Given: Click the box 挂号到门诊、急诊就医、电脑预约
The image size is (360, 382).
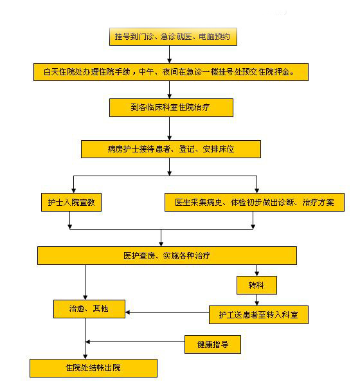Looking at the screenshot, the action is point(173,37).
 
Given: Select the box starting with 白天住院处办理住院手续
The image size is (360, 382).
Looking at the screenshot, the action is point(171,72).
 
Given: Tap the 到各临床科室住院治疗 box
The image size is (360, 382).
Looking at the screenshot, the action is point(171,107).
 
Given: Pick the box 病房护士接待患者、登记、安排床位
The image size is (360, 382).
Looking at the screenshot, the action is point(171,149).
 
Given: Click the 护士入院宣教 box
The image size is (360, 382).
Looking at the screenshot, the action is point(71,202).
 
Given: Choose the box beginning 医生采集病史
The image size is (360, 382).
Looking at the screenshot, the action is point(255,202).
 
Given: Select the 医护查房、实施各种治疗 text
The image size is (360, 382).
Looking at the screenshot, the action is point(167,255).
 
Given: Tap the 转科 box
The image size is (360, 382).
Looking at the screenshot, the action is point(256,285).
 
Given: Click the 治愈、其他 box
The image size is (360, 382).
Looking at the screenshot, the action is point(89,309).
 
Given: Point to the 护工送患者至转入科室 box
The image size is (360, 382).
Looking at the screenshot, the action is point(258,314).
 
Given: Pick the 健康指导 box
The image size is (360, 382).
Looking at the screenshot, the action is point(213,344).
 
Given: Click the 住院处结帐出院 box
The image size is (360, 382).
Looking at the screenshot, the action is point(93,368).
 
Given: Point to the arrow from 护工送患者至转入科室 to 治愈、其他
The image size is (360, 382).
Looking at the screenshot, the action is point(167,312).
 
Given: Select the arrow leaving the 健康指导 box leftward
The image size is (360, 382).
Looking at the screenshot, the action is point(135,341).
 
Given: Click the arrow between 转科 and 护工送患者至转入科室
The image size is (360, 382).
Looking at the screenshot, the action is point(256,300).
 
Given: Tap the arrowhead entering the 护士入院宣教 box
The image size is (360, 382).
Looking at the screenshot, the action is point(73,191).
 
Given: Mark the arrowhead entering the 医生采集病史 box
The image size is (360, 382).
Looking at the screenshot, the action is point(256,191).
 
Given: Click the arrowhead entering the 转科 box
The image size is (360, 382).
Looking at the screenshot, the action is point(256,273).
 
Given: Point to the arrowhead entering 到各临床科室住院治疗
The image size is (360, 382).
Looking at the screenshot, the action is point(170,96).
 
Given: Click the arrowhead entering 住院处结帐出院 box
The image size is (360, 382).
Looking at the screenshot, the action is point(85,356).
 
